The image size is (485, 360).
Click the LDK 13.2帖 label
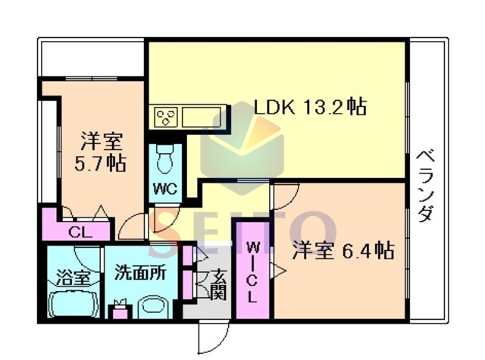point(310,107)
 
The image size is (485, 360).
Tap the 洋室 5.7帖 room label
point(101,152)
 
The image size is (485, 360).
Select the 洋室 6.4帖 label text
point(343,251)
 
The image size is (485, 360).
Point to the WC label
point(165,188)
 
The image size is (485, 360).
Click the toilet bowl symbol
point(165,159)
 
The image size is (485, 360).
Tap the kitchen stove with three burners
point(167,117)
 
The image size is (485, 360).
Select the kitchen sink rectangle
point(201,117)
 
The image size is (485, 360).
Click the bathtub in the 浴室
point(74,304)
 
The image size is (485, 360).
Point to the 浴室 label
point(74,277)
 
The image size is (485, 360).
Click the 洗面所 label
point(141,273)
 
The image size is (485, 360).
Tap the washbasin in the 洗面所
point(153,307)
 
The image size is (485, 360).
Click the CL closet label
point(80,232)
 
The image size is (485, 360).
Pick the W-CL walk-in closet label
point(252,273)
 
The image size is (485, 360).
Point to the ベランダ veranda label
point(426,186)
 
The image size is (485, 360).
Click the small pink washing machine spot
point(120,312)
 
